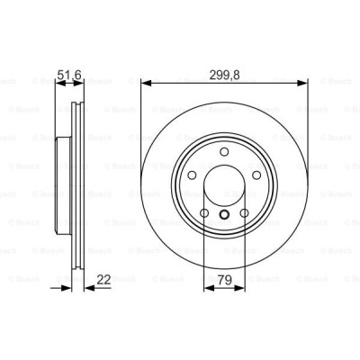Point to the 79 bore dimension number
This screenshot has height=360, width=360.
point(223,280)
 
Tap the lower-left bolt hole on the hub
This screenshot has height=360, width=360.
point(205,212)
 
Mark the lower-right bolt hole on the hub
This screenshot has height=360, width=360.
point(243,212)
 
